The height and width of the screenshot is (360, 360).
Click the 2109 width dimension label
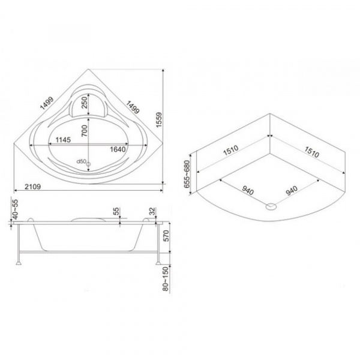(x=32, y=187)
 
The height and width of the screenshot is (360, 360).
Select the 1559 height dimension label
(x=159, y=119)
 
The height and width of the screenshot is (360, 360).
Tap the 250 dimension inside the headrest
(x=85, y=102)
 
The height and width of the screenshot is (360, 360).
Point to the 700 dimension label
(x=85, y=131)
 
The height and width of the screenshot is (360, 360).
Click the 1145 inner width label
(x=63, y=140)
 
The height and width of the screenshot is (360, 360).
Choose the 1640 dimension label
(x=118, y=149)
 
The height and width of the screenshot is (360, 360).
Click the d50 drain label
(x=81, y=161)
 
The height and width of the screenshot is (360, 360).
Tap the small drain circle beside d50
(x=89, y=164)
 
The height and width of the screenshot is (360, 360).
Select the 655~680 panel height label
(x=187, y=174)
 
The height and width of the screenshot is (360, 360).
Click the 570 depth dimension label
(x=166, y=236)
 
